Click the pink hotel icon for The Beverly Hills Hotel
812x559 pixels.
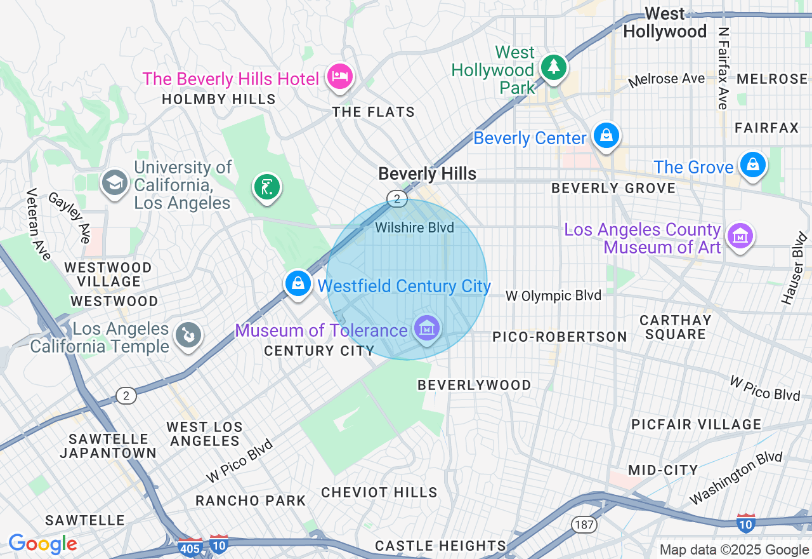pyautogui.click(x=340, y=77)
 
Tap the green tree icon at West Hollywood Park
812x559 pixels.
pyautogui.click(x=553, y=67)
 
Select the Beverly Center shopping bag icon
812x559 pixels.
pyautogui.click(x=606, y=135)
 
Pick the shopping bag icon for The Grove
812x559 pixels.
pyautogui.click(x=752, y=165)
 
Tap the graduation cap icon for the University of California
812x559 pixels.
pyautogui.click(x=115, y=183)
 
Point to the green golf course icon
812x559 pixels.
pyautogui.click(x=267, y=187)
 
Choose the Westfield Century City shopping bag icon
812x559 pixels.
pyautogui.click(x=298, y=283)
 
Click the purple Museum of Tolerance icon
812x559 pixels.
pyautogui.click(x=427, y=328)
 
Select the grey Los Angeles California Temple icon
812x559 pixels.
pyautogui.click(x=188, y=335)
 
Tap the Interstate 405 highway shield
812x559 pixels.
pyautogui.click(x=191, y=546)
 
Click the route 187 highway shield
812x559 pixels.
pyautogui.click(x=584, y=524)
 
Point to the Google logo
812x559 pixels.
pyautogui.click(x=43, y=544)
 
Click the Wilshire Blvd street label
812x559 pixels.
pyautogui.click(x=414, y=227)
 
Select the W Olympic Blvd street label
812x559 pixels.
pyautogui.click(x=553, y=295)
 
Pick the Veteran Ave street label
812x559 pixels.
pyautogui.click(x=37, y=224)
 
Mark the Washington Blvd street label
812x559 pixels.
pyautogui.click(x=736, y=478)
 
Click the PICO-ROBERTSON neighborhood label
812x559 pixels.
pyautogui.click(x=560, y=337)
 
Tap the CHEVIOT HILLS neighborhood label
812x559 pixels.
pyautogui.click(x=379, y=492)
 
